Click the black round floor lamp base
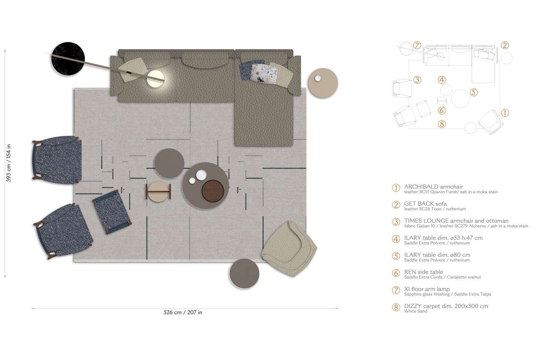coord(68,59)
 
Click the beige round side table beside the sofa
coord(323,82)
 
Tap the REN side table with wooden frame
coord(158,191)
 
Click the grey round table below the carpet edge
coord(244,274)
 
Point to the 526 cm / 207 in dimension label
coord(183,312)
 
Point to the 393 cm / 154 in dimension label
coord(8,163)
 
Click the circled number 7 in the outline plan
coord(417,45)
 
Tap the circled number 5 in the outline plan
coord(473,92)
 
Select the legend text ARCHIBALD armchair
coord(433,187)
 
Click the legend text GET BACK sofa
coord(425,204)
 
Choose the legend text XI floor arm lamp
coord(427,289)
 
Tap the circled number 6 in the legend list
coord(396,273)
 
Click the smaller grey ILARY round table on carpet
coord(169,163)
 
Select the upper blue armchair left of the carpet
coord(57,160)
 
